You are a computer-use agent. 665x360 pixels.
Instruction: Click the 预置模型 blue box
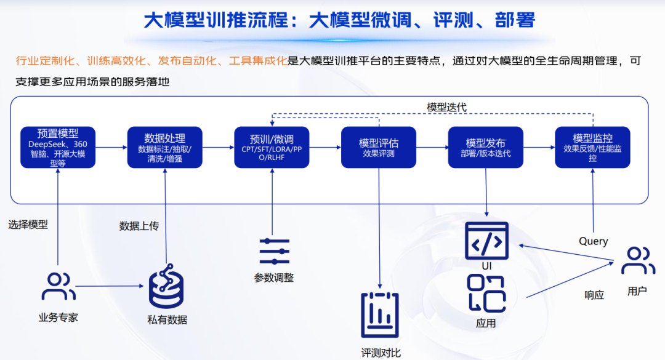click(57, 147)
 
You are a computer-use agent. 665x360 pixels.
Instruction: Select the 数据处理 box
click(164, 147)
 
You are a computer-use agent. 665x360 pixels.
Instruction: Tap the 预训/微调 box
click(272, 147)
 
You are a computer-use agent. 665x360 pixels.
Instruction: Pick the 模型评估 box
click(379, 147)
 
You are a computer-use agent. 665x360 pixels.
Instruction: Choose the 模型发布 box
click(485, 147)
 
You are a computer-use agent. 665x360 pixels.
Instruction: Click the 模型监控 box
click(592, 147)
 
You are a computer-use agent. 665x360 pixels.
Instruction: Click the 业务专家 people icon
click(58, 286)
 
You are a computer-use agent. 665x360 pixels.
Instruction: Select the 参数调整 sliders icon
click(274, 251)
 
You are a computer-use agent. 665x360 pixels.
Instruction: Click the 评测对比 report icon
click(380, 314)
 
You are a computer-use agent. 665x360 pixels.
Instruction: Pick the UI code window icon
click(486, 241)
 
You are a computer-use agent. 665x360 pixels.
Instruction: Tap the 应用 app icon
click(486, 293)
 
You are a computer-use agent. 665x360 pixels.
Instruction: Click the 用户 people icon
click(637, 260)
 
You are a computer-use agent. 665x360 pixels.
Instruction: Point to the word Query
click(593, 241)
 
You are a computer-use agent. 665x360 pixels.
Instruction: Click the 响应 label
click(594, 295)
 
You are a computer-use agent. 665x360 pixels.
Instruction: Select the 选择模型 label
click(28, 225)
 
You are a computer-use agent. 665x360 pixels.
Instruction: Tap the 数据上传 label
click(139, 226)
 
